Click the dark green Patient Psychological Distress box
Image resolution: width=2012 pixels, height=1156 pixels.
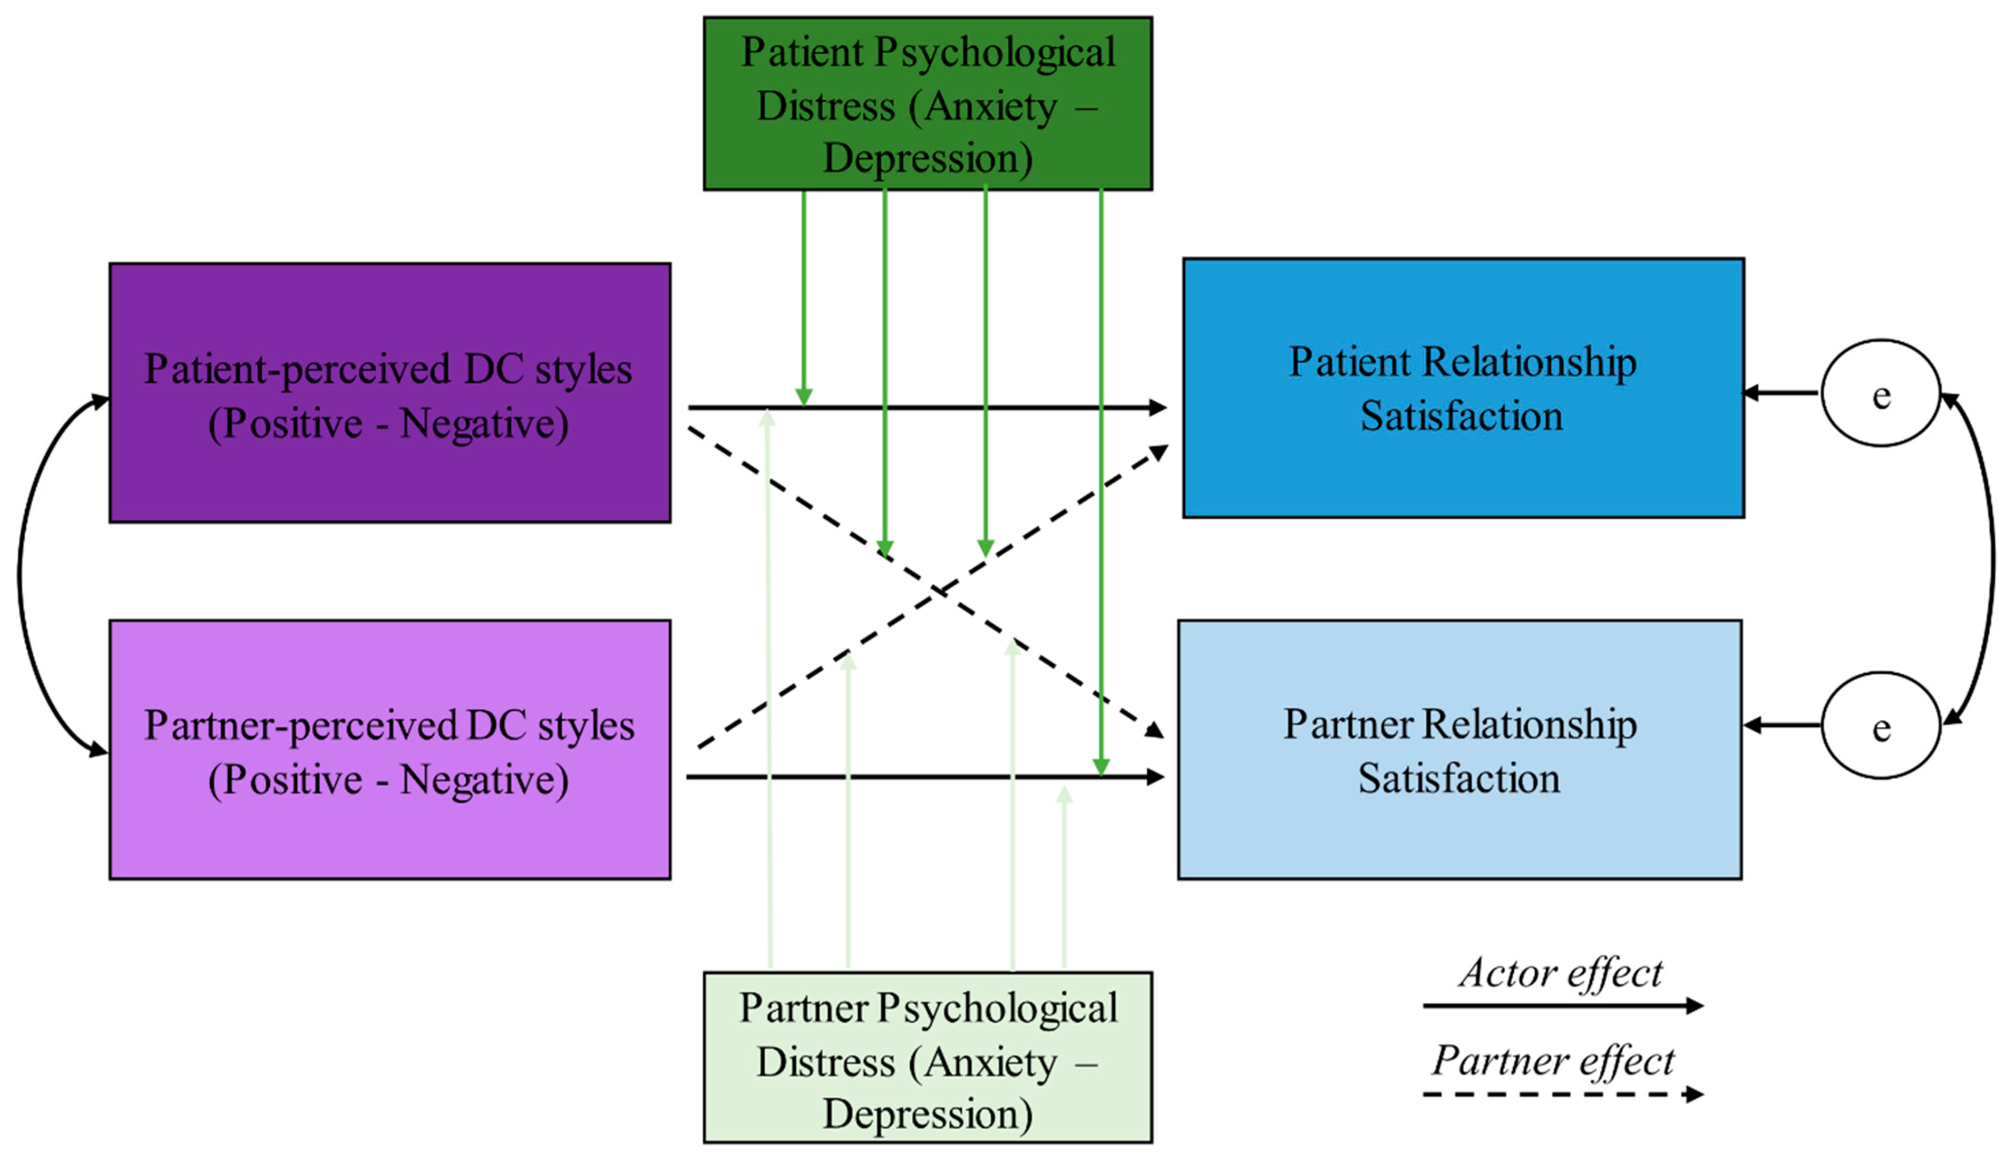928,103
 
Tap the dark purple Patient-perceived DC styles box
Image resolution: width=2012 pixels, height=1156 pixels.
390,392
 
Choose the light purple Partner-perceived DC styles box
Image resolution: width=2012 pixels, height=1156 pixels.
390,750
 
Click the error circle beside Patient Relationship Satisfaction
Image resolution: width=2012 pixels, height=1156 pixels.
1881,393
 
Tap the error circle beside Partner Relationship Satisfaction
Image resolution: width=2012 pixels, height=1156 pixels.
1881,726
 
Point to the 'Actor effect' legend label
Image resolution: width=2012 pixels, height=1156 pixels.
1560,973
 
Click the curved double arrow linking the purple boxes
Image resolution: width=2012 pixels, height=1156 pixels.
20,576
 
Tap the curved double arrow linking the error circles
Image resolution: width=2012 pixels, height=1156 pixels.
1993,560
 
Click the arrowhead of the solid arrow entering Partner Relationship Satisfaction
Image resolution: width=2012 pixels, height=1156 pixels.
1156,776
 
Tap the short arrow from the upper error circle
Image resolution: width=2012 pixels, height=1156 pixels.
1781,392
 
